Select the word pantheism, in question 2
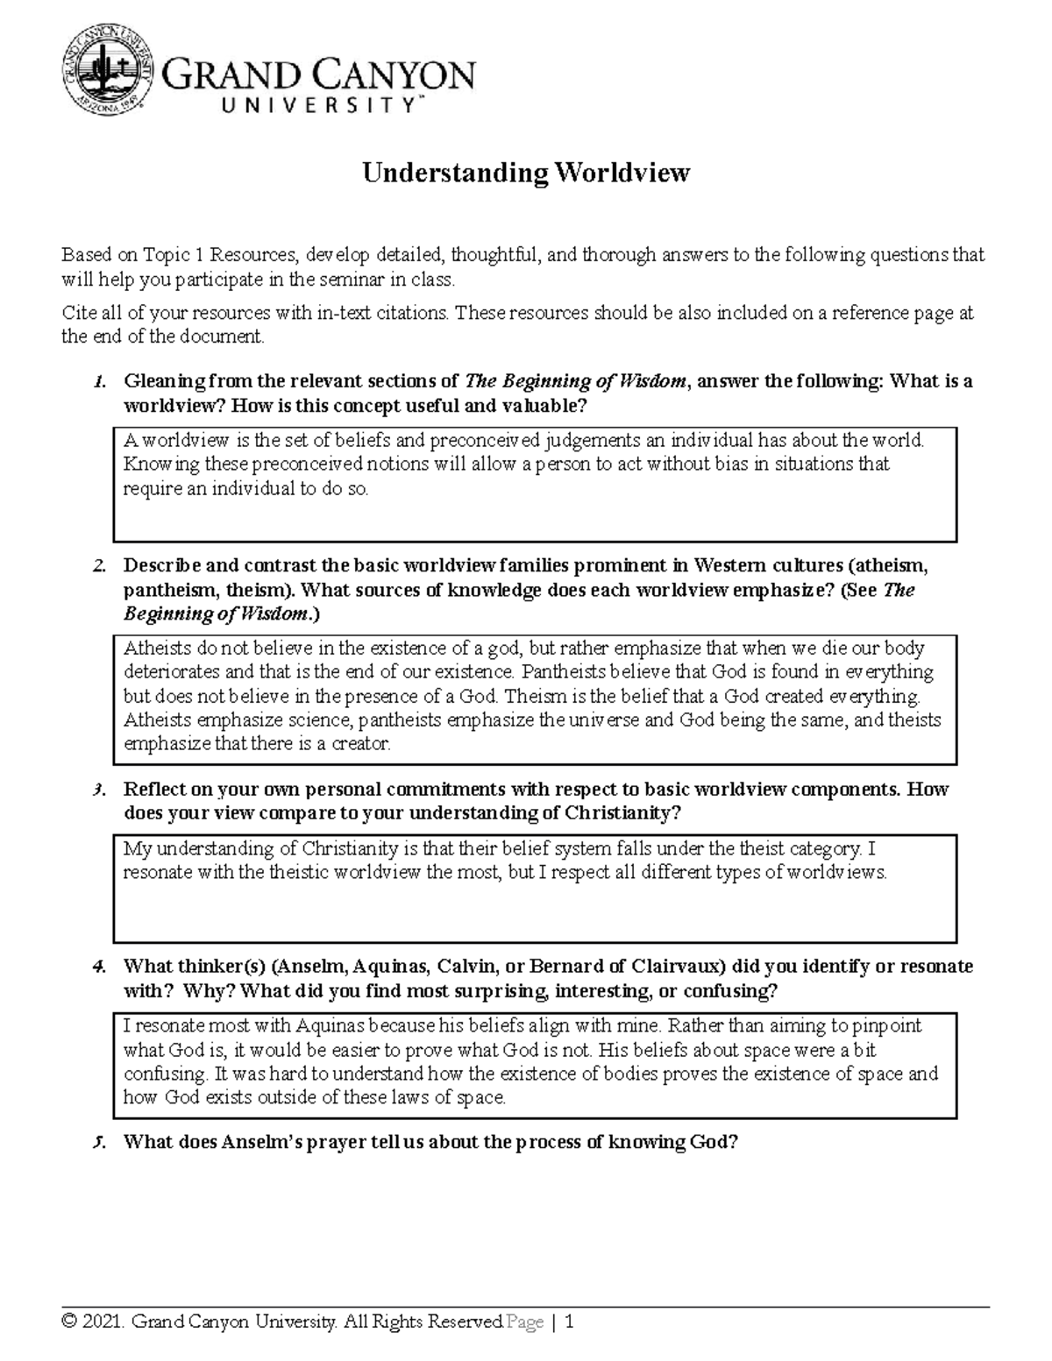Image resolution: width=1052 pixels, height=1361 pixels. [170, 590]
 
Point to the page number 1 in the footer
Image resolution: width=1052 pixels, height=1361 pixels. [570, 1322]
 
